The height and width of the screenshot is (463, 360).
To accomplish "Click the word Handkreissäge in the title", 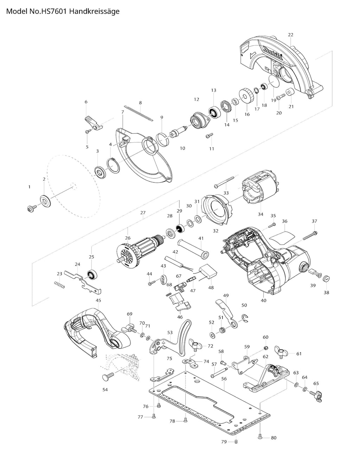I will tap(95, 11).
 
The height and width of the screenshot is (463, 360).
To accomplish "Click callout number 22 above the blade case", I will tap(290, 35).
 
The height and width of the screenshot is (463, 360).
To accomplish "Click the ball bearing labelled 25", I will tap(92, 275).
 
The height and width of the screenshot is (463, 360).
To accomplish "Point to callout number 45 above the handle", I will tap(98, 300).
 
